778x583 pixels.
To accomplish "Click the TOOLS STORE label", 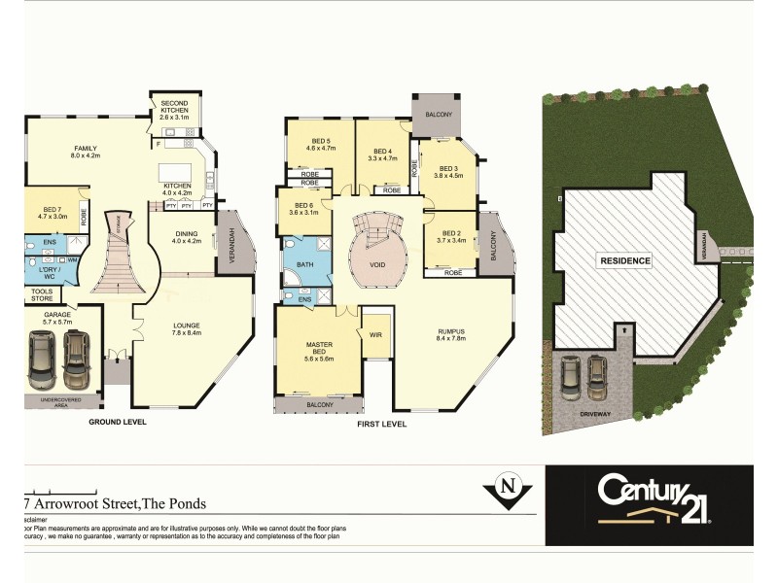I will coord(42,294).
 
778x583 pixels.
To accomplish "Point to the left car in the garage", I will coord(42,358).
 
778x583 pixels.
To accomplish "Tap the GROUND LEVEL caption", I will coord(119,423).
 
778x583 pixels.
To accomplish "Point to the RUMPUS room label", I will coord(452,333).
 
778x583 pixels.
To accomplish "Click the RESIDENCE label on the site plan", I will coord(624,261).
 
